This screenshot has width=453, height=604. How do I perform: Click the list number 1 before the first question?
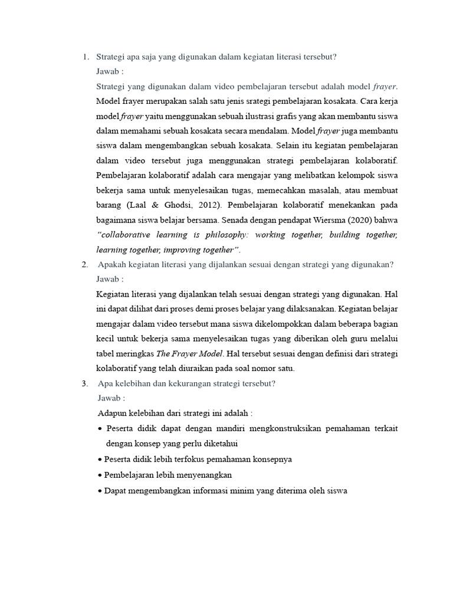pyautogui.click(x=85, y=57)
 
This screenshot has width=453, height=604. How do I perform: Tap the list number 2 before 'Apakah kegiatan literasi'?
pyautogui.click(x=85, y=265)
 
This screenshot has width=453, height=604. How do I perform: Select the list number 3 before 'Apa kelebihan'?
pyautogui.click(x=85, y=383)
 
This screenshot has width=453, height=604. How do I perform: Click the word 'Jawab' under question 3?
pyautogui.click(x=109, y=398)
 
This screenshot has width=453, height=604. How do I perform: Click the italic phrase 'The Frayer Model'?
pyautogui.click(x=190, y=353)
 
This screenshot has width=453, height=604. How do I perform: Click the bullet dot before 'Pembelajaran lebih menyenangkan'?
pyautogui.click(x=100, y=475)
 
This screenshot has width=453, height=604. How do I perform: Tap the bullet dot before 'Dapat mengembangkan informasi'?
pyautogui.click(x=100, y=490)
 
